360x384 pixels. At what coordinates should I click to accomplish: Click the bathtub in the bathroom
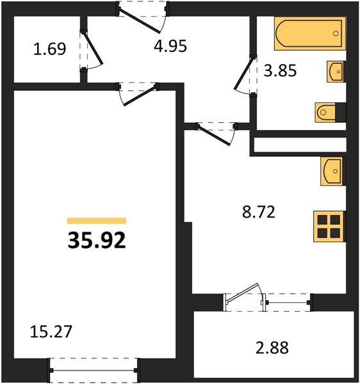310,33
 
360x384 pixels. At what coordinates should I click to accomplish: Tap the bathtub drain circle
336,33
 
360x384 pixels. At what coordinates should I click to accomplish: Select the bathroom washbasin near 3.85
336,72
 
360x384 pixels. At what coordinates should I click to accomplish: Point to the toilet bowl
326,113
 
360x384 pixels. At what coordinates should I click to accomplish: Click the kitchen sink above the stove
332,171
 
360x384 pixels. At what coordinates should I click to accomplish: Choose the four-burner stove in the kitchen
329,227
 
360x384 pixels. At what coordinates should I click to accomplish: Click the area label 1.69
50,49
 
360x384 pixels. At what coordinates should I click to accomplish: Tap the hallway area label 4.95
170,46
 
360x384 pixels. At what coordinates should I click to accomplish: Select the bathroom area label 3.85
280,70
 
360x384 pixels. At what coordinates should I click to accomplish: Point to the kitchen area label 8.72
259,212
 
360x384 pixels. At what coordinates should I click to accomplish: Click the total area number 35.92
97,241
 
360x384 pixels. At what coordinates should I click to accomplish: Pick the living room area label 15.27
51,332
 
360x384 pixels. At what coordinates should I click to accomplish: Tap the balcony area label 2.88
272,348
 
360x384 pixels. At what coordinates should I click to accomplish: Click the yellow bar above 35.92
97,221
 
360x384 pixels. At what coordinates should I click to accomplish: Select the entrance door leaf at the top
139,20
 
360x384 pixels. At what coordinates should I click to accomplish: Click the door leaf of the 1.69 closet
93,47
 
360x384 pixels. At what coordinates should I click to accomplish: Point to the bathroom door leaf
243,74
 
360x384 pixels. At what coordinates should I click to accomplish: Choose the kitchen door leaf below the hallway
214,135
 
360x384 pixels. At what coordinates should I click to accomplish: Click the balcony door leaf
242,292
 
